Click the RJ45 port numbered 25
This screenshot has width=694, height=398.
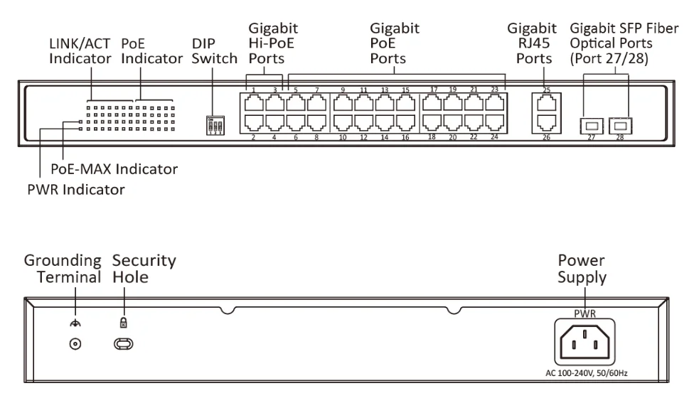point(545,102)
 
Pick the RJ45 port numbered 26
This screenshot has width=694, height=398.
point(545,124)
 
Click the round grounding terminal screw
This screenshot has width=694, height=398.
point(73,344)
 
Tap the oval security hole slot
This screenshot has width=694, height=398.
point(124,344)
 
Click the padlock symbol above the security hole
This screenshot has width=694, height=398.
point(123,322)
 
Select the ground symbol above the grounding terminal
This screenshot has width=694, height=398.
point(73,322)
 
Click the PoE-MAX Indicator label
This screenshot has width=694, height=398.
point(114,169)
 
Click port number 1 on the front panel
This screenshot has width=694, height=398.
point(254,103)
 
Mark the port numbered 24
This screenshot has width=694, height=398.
point(494,124)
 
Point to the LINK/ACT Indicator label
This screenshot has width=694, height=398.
point(80,51)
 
